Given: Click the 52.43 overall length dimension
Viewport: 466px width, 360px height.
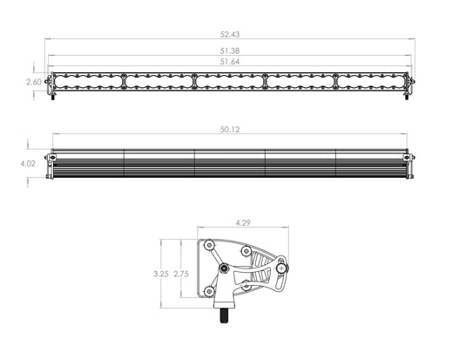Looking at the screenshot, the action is pos(230,34).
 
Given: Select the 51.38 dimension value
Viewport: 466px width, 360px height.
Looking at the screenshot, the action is pos(230,51).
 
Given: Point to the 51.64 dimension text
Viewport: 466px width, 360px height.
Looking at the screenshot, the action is pos(230,62).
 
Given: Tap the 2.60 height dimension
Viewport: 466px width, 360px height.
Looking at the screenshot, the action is pos(34,82).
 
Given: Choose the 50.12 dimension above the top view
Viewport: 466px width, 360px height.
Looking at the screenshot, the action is pos(230,130).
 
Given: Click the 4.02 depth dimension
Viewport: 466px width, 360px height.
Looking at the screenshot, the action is pos(28,163).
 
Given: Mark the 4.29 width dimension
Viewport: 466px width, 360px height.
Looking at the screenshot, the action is pos(243,222).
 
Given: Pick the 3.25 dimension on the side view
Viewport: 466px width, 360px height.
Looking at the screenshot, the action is pos(161,274).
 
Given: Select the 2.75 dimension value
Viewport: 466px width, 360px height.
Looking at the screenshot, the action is pos(181,274).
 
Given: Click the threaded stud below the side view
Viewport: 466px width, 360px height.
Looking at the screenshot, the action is pos(225,316).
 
